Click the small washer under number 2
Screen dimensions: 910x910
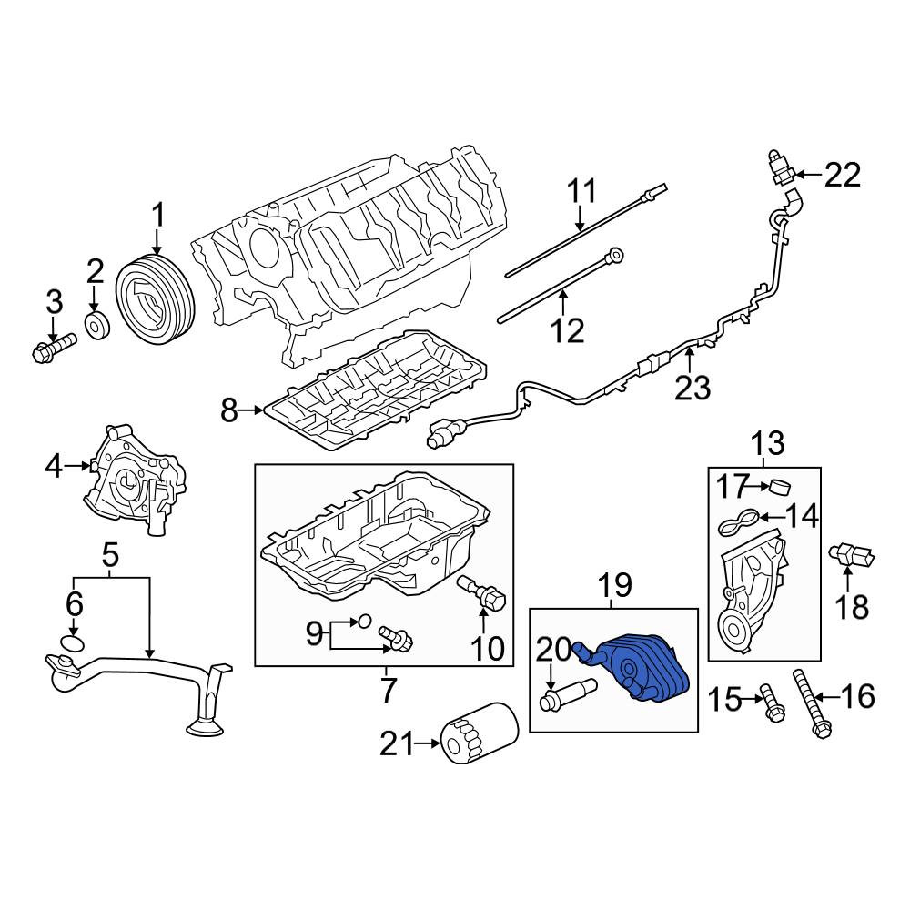point(97,326)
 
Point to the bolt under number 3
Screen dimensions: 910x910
point(54,345)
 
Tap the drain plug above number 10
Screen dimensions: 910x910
point(483,592)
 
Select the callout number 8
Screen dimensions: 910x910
point(229,411)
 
